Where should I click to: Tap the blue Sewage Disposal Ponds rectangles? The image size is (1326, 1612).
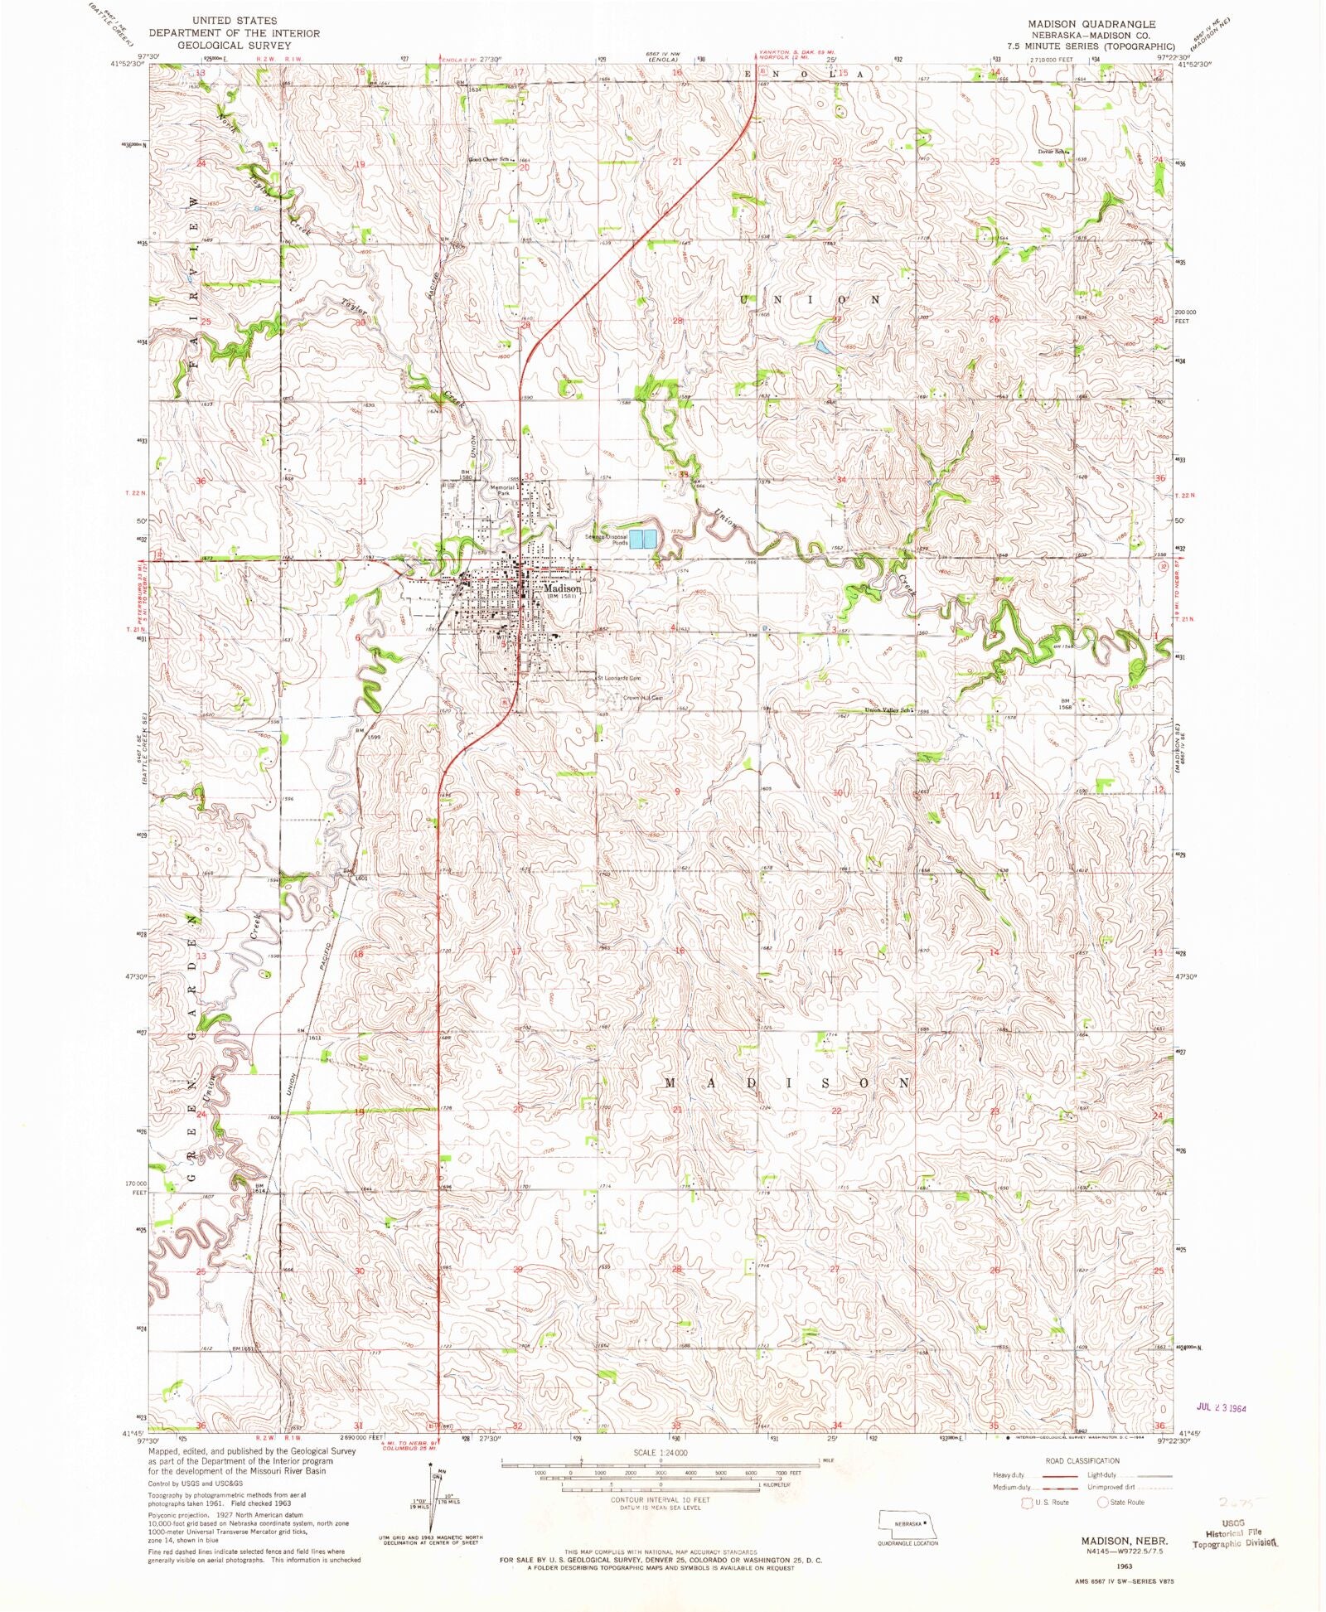643,540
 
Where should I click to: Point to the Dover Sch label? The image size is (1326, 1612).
1053,152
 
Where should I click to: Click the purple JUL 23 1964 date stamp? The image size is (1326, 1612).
1222,1406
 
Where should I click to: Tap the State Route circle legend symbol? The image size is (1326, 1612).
1102,1502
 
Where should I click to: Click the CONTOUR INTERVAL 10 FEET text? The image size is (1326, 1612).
660,1500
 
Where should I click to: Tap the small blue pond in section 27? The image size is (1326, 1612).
820,347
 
